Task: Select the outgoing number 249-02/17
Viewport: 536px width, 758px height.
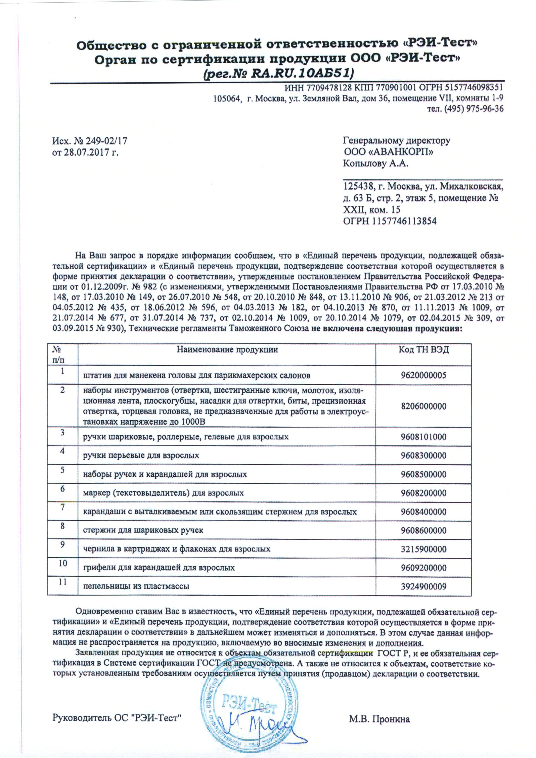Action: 106,141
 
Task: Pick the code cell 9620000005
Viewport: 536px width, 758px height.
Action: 424,375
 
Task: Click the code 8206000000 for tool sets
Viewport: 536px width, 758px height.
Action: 424,406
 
